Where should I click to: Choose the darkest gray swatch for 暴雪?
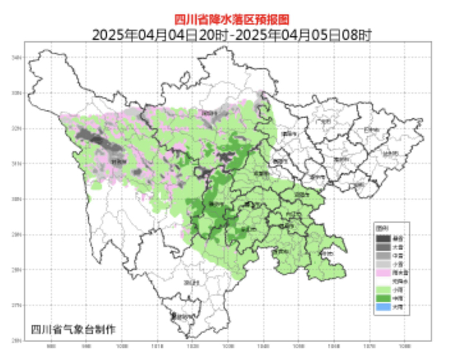[x=383, y=239]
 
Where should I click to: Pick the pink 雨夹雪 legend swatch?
[x=383, y=273]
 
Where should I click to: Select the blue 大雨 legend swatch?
[x=383, y=307]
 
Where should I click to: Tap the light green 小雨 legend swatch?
[x=383, y=290]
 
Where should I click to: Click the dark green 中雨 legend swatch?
[x=383, y=299]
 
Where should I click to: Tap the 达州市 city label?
[x=373, y=152]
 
